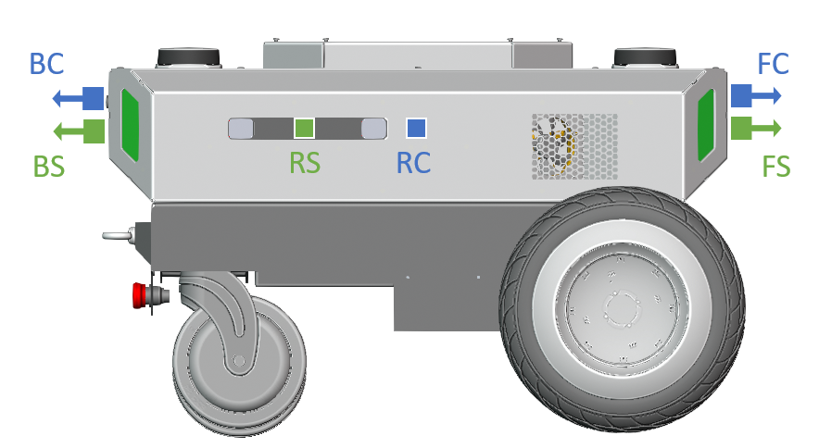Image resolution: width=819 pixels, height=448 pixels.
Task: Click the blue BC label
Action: click(46, 64)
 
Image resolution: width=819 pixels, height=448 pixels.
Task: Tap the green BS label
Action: click(48, 168)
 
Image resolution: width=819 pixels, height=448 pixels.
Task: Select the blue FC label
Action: click(773, 64)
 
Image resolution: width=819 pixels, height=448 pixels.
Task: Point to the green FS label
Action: click(776, 168)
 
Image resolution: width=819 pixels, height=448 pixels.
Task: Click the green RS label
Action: click(305, 162)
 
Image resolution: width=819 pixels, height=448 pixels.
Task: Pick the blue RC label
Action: click(413, 162)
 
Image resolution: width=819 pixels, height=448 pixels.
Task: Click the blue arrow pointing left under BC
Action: click(79, 98)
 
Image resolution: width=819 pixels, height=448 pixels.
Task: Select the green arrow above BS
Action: click(79, 131)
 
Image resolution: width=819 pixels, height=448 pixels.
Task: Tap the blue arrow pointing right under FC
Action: click(756, 95)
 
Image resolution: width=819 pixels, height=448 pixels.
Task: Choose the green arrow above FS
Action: click(756, 128)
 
